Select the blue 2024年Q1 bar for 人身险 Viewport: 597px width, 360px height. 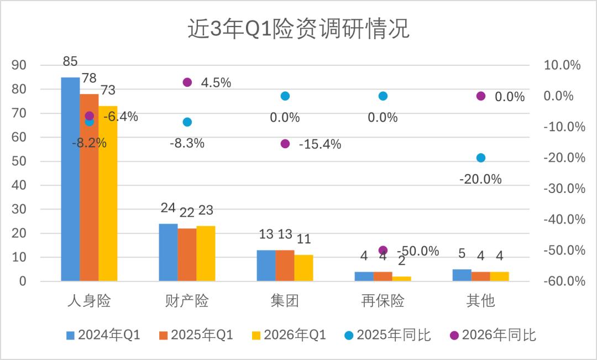click(70, 179)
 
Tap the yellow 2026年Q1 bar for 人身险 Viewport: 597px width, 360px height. click(108, 194)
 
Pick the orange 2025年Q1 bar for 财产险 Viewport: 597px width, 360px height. click(187, 255)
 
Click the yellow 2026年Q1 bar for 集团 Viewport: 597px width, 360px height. click(303, 268)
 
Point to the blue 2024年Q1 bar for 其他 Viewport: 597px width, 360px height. click(462, 275)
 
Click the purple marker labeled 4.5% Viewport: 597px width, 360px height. click(187, 82)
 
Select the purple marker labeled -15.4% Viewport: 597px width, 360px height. click(285, 144)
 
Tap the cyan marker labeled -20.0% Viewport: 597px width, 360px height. click(481, 158)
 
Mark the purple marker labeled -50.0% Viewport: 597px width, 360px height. click(383, 251)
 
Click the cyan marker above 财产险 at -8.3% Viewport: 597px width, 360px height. click(187, 122)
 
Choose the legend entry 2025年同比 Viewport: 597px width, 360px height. click(387, 335)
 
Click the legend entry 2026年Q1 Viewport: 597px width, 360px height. click(289, 335)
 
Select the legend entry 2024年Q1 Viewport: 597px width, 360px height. click(103, 335)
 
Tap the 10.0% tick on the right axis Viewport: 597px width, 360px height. click(564, 65)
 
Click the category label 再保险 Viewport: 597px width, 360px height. click(383, 301)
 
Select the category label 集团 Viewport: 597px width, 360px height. click(285, 301)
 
